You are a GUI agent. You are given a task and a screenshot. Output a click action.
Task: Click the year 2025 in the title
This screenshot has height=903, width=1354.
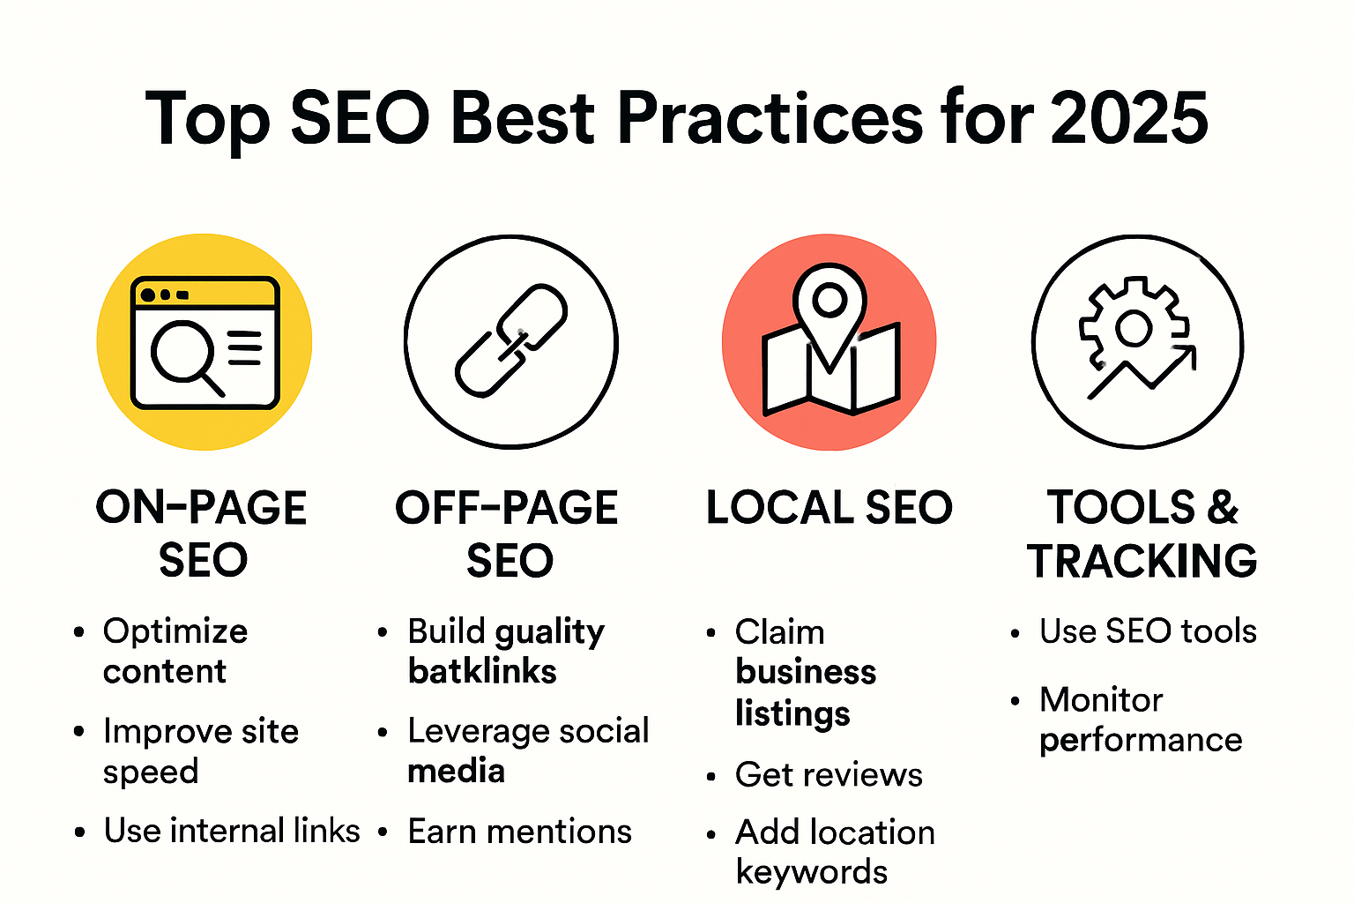coord(1129,118)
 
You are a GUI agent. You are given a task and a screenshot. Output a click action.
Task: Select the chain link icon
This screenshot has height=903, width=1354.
coord(511,340)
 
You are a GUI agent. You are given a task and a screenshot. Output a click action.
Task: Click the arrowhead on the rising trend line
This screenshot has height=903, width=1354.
coord(1185,356)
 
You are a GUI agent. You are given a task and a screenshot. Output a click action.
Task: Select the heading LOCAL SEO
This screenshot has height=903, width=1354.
coord(830,507)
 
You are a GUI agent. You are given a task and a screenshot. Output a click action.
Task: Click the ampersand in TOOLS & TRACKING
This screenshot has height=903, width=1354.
coord(1223,507)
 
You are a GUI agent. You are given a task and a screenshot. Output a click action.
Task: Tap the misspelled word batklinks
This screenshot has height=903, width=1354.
coord(482,671)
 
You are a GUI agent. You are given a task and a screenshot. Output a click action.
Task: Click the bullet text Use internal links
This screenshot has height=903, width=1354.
coord(232,830)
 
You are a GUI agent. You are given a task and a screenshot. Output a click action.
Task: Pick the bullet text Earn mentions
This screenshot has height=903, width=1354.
coord(520,831)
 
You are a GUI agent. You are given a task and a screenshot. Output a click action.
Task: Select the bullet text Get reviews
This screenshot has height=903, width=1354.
coord(829,775)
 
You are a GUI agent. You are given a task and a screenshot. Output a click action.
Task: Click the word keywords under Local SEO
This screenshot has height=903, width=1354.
coord(812,871)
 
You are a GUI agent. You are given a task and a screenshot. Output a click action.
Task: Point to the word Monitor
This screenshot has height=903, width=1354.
coord(1101,700)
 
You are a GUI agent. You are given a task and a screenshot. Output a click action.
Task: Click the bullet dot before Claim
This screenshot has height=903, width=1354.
coord(710,633)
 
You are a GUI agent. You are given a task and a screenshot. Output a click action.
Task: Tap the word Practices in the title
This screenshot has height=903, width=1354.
coord(770,118)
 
